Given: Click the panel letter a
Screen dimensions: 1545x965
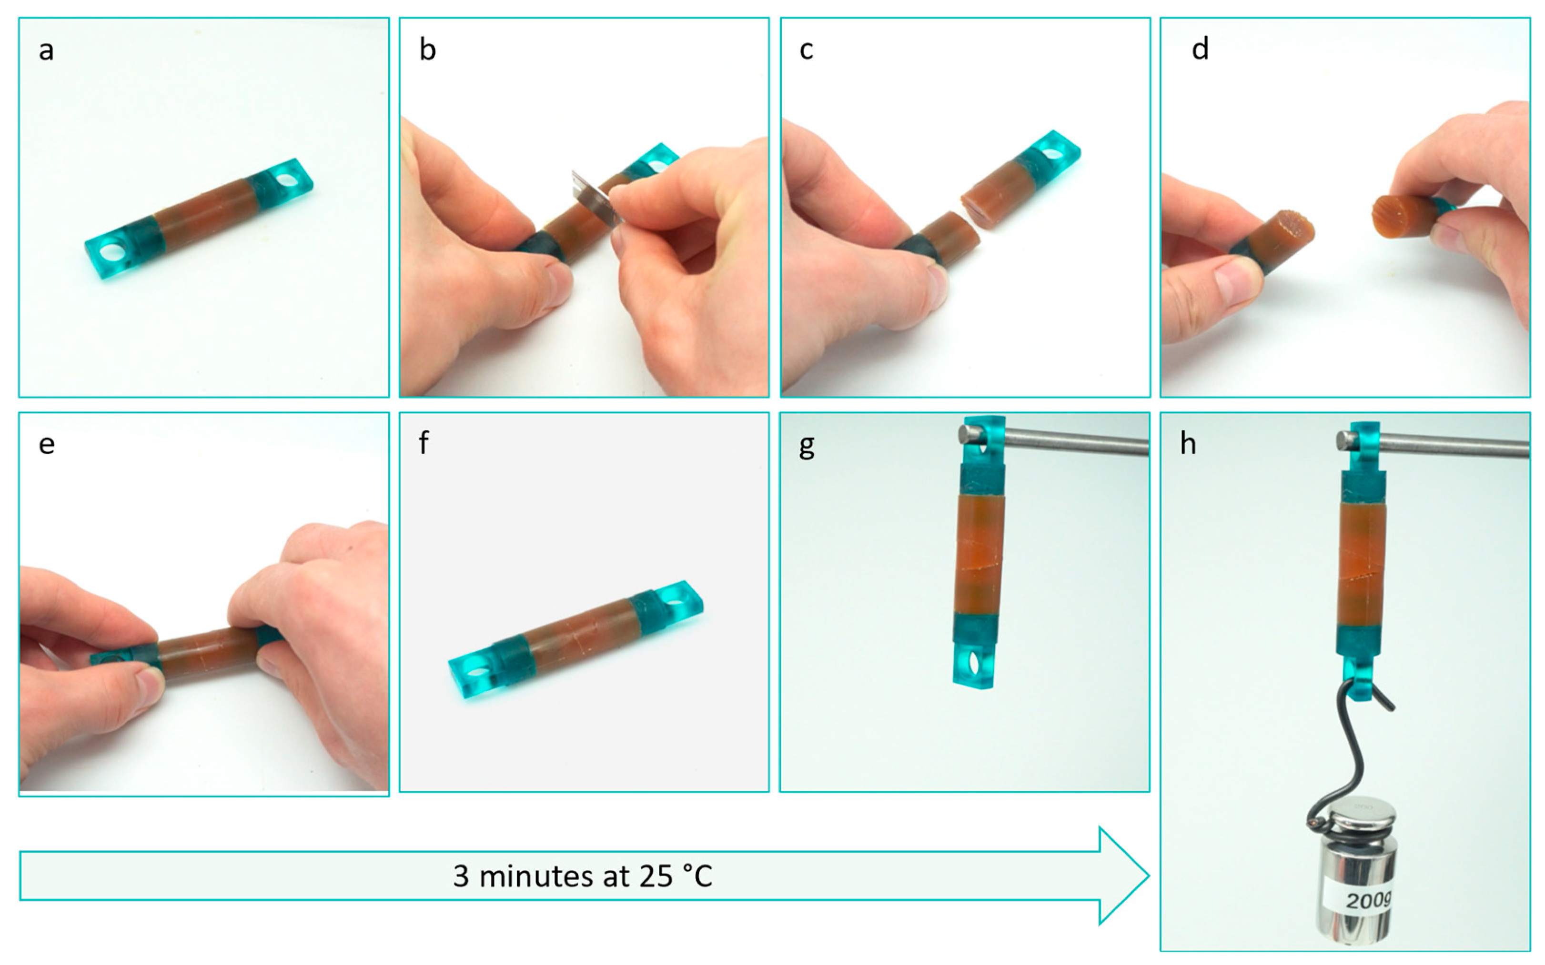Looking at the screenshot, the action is click(46, 50).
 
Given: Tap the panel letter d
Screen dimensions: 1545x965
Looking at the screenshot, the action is click(1200, 49).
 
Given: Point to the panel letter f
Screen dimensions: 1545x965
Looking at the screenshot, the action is click(424, 442).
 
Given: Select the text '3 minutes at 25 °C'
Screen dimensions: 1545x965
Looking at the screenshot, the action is click(583, 876).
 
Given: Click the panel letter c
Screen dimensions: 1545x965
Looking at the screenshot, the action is click(807, 50).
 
